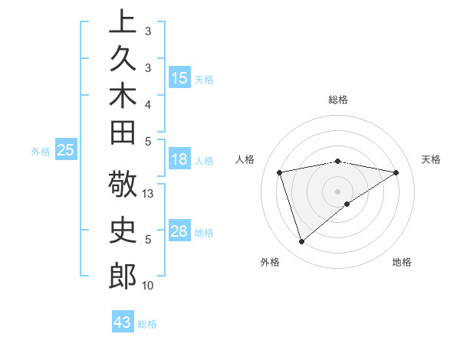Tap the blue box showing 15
coord(179,78)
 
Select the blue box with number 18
coord(179,160)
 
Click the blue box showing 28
coord(179,231)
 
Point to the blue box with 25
coord(65,151)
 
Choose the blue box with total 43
coord(123,322)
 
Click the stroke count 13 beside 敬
coord(149,195)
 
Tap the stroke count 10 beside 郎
coord(149,286)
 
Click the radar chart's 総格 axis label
coord(338,100)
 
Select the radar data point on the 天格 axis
coord(396,172)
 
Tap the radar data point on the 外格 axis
coord(301,242)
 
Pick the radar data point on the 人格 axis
coord(280,172)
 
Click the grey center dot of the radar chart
coord(338,191)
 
